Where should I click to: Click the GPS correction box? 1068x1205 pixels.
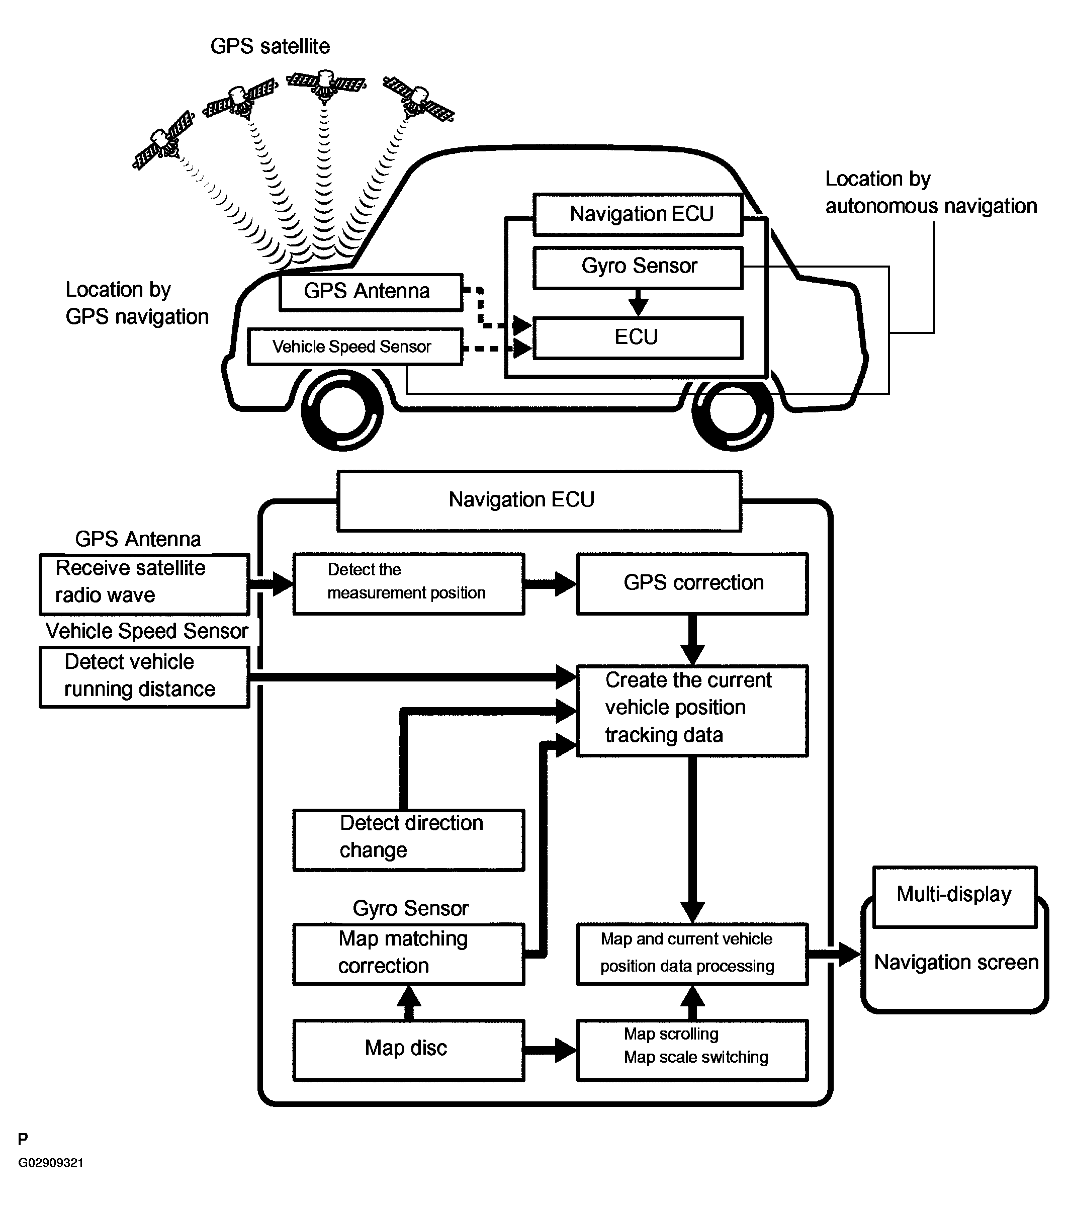(692, 583)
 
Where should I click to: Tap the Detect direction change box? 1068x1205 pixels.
(408, 839)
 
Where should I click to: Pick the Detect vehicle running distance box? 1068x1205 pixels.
(144, 677)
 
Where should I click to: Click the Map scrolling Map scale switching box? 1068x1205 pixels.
(692, 1050)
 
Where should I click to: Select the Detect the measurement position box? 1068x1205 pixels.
(408, 583)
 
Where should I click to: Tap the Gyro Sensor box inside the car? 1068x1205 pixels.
(638, 268)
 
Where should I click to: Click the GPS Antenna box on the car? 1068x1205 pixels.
(371, 292)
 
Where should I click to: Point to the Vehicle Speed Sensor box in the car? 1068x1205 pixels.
(355, 347)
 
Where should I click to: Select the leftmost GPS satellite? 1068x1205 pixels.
(163, 140)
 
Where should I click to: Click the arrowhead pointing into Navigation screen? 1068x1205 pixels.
(849, 954)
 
